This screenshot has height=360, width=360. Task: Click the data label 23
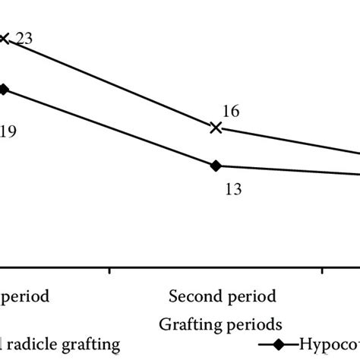click(x=24, y=39)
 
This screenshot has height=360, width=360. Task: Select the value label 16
click(x=231, y=111)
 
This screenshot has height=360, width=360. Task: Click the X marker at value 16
click(x=216, y=128)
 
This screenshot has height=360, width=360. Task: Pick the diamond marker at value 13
click(x=216, y=166)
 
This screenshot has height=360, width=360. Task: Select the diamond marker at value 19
click(x=4, y=89)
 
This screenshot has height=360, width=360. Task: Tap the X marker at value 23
click(x=4, y=37)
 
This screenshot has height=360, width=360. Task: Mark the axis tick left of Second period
click(x=111, y=270)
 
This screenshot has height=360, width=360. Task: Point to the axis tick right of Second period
click(x=322, y=270)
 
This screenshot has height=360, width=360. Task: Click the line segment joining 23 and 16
click(x=110, y=83)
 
